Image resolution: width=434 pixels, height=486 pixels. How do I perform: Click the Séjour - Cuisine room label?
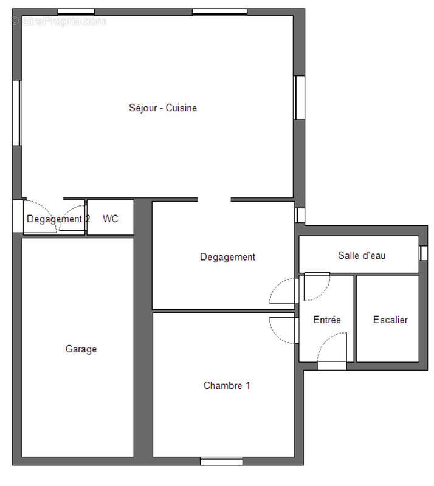[x=163, y=108]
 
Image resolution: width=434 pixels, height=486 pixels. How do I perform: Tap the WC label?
[x=111, y=219]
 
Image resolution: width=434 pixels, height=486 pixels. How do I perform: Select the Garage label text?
[x=81, y=349]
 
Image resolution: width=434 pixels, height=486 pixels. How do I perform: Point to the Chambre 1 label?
[x=227, y=385]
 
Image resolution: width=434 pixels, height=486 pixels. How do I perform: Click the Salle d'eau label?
[x=362, y=255]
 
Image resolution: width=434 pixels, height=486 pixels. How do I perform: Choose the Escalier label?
[x=390, y=320]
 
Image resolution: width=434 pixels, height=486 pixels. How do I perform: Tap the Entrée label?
[x=327, y=320]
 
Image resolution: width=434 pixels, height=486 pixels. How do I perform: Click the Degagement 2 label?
[x=58, y=219]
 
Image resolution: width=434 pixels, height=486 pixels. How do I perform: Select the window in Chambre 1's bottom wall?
[x=221, y=462]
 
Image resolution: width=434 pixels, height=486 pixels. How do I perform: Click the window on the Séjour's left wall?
[x=17, y=113]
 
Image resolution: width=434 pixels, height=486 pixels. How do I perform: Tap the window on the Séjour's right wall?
[x=299, y=98]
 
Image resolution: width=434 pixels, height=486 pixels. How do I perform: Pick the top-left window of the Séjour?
[x=76, y=12]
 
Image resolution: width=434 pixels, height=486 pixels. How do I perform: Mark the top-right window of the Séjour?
[x=219, y=12]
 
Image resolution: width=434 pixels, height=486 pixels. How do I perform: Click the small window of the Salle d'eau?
[x=424, y=253]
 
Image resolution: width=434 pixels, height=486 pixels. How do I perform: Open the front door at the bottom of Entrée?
[x=332, y=366]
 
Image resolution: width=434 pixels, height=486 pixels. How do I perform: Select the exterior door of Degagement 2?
[x=18, y=216]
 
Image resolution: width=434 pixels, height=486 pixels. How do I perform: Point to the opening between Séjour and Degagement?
[x=214, y=200]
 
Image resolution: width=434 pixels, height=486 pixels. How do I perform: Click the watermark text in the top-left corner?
[x=58, y=21]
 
